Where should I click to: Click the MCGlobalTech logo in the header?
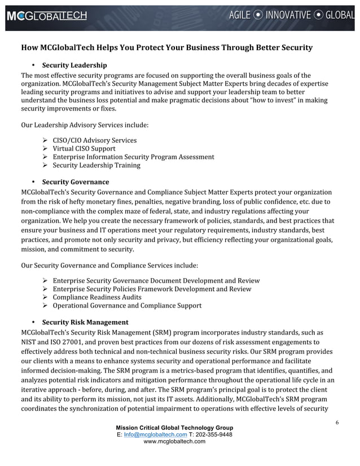[x=47, y=16]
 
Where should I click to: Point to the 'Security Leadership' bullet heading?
[x=74, y=65]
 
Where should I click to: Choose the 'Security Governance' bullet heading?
[x=76, y=182]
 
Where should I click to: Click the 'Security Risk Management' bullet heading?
[x=85, y=322]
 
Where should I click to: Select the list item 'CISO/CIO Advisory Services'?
[x=94, y=140]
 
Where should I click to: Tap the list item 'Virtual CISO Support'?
[x=84, y=149]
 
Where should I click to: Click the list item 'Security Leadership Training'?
[x=96, y=165]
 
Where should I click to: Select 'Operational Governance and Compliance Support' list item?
[x=127, y=306]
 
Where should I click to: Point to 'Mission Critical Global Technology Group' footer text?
[x=174, y=428]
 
